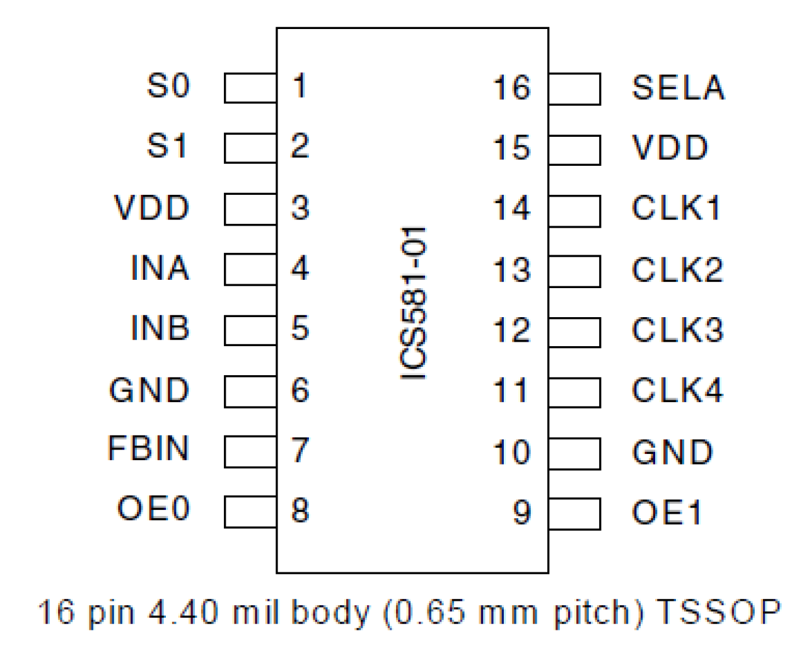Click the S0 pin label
click(168, 86)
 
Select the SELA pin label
click(678, 88)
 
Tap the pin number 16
click(511, 88)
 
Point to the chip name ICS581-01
click(414, 303)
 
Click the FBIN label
click(148, 448)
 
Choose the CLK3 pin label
click(677, 330)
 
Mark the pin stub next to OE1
click(574, 514)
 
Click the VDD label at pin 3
click(151, 207)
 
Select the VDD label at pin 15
click(670, 148)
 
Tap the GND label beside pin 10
click(672, 452)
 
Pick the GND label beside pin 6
click(149, 390)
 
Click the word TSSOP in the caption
click(718, 611)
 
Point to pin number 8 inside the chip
click(300, 510)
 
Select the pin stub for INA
click(250, 269)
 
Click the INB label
click(160, 328)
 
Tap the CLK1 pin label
click(676, 208)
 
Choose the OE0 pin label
click(153, 508)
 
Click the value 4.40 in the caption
click(183, 612)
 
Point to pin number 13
click(511, 270)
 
